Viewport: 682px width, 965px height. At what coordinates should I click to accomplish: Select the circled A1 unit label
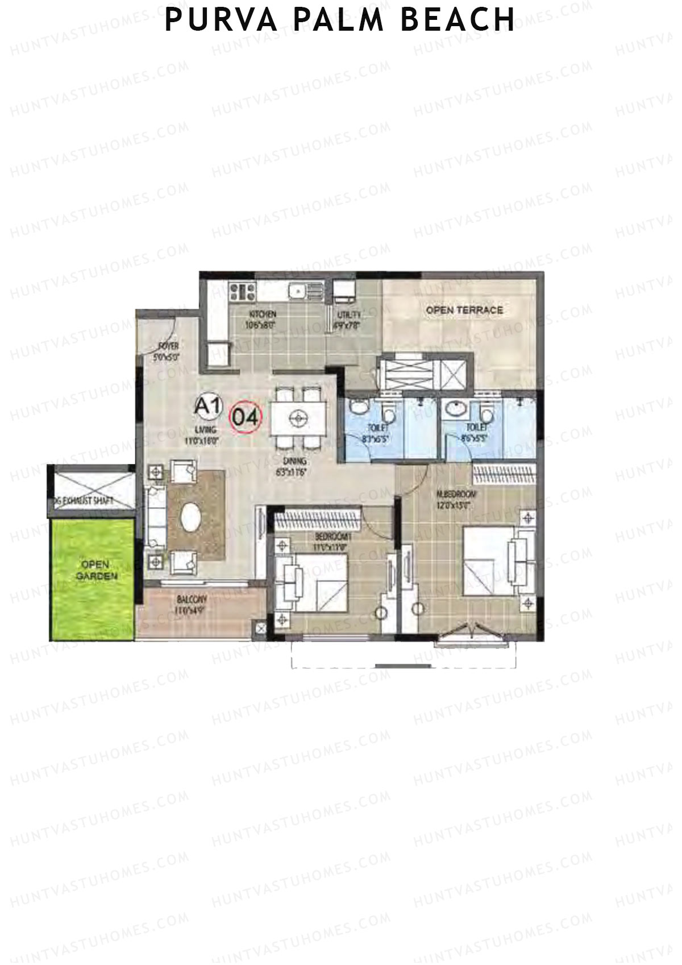pos(207,407)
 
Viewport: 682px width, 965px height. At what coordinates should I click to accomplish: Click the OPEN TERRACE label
pos(464,310)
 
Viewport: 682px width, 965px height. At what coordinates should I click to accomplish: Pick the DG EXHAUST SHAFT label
pos(83,501)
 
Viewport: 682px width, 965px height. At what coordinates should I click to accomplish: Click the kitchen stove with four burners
pos(243,292)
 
